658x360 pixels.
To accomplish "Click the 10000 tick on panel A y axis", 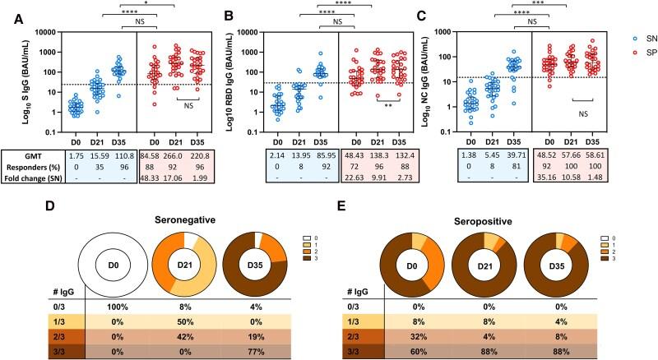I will [x=44, y=33].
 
